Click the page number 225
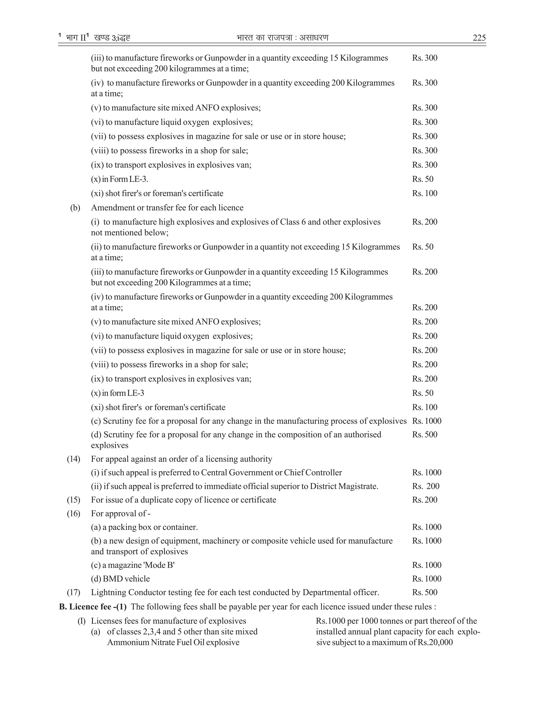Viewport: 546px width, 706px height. pyautogui.click(x=479, y=38)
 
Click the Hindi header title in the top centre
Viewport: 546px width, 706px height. pyautogui.click(x=282, y=38)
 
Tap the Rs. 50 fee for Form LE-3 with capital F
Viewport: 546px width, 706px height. pyautogui.click(x=423, y=179)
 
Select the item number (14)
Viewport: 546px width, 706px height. pyautogui.click(x=73, y=459)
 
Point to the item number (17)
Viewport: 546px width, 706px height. pyautogui.click(x=73, y=592)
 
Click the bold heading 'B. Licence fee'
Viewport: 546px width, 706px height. pyautogui.click(x=93, y=606)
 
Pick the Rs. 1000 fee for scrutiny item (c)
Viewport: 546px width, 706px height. pyautogui.click(x=426, y=421)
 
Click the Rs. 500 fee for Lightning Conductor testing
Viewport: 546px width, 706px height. pyautogui.click(x=424, y=592)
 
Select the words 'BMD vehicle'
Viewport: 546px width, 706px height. pyautogui.click(x=126, y=579)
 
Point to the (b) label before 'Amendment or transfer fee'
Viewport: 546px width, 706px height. pyautogui.click(x=75, y=208)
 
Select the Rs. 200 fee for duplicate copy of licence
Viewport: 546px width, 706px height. pyautogui.click(x=424, y=500)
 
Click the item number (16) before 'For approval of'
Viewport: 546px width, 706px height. pyautogui.click(x=73, y=513)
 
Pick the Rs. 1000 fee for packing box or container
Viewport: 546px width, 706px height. pyautogui.click(x=426, y=527)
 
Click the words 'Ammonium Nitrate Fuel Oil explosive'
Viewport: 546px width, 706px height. pyautogui.click(x=173, y=642)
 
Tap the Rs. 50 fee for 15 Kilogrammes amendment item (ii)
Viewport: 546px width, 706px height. pyautogui.click(x=423, y=247)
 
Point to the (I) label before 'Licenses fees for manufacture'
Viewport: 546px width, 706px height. pyautogui.click(x=81, y=621)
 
